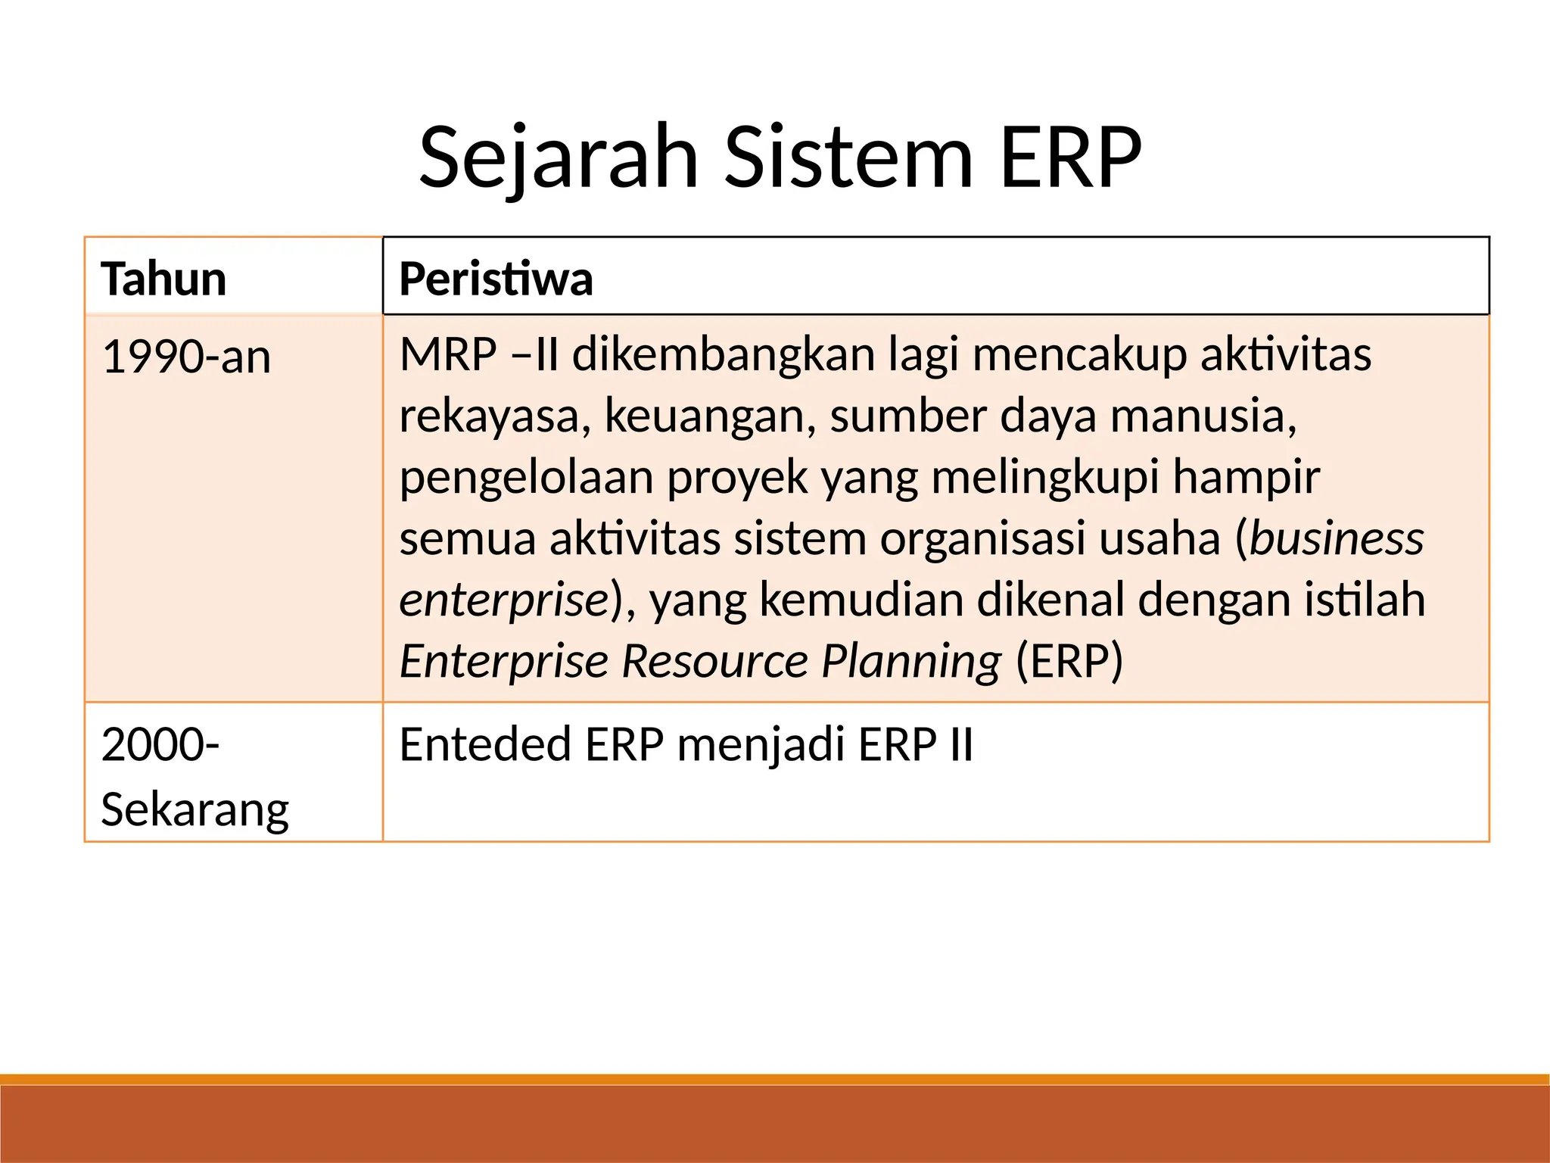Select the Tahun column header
(x=163, y=279)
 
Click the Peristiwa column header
(x=496, y=279)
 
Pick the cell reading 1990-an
(x=186, y=357)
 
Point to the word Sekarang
(x=195, y=809)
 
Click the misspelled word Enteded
(x=485, y=744)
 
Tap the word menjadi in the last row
(x=760, y=746)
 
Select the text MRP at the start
(x=448, y=354)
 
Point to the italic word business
(x=1337, y=538)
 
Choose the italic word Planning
(x=911, y=662)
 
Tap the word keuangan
(x=710, y=417)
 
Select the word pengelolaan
(x=526, y=479)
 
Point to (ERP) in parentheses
(x=1069, y=661)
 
